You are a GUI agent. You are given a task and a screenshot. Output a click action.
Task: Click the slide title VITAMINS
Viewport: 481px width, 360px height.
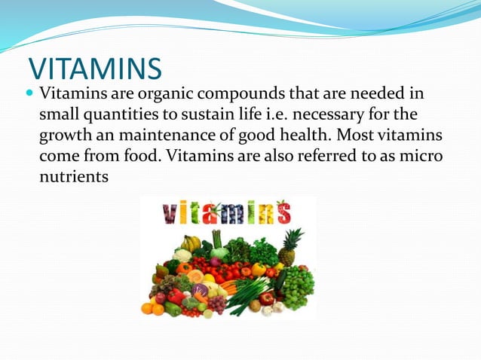point(95,69)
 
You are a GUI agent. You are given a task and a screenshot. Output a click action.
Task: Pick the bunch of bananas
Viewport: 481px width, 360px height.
point(191,243)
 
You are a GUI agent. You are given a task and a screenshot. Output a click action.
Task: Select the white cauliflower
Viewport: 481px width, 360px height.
point(182,256)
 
